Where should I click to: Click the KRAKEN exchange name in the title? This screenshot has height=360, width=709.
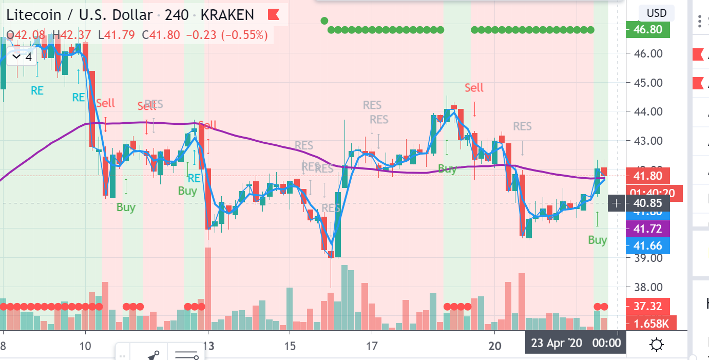pos(227,15)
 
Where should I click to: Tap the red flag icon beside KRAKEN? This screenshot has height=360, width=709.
pos(274,15)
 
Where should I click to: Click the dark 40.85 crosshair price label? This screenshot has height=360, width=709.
pos(648,203)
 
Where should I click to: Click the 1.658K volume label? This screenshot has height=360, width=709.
pos(650,324)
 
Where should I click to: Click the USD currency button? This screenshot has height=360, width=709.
pos(656,13)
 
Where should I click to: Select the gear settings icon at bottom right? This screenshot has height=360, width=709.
pos(656,345)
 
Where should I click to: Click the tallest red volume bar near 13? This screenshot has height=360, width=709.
pos(208,288)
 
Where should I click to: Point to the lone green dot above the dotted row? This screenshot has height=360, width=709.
pos(324,21)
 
